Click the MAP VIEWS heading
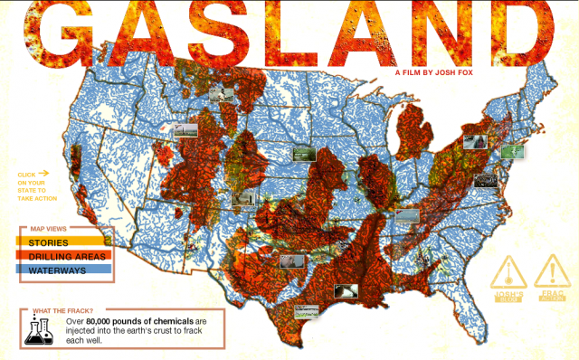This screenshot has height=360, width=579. (x=50, y=228)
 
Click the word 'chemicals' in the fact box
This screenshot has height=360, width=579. (x=173, y=322)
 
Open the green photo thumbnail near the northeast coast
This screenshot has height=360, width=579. (x=512, y=151)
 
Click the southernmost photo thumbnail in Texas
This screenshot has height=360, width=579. (x=308, y=311)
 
